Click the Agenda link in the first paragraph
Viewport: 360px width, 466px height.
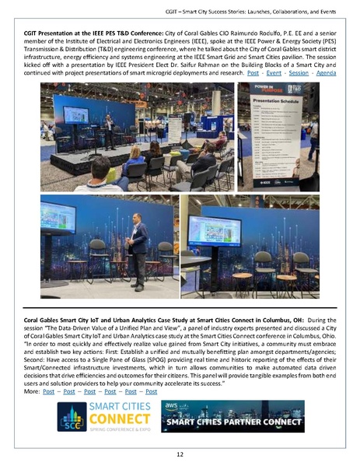tap(327, 72)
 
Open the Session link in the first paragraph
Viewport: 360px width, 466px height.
tap(299, 72)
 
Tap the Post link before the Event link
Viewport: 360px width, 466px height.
tap(253, 72)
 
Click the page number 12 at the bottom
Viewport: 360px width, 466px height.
tap(180, 454)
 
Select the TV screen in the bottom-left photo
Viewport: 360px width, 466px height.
tap(58, 218)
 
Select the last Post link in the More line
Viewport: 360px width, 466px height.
tap(151, 391)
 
